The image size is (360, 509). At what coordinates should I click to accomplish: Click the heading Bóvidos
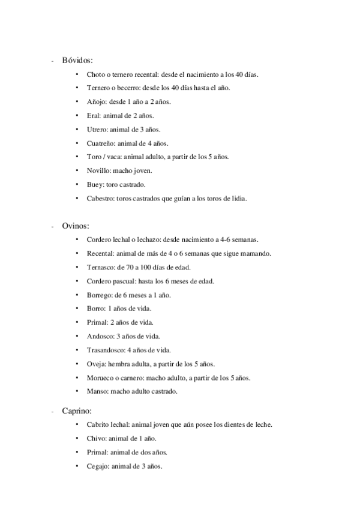point(77,60)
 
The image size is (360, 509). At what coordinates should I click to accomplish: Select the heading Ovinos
point(76,226)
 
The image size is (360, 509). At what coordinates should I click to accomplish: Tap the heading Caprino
point(77,411)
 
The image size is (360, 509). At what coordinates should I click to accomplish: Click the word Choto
point(95,75)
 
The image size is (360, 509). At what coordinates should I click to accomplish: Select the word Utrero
point(98,130)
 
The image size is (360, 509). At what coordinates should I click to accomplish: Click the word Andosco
point(101,336)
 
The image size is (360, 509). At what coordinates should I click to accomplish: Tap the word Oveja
point(97,364)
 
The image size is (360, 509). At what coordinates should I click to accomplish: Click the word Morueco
point(101,378)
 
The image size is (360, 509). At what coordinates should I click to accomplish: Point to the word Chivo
point(97,438)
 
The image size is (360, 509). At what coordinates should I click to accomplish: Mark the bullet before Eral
point(77,116)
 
